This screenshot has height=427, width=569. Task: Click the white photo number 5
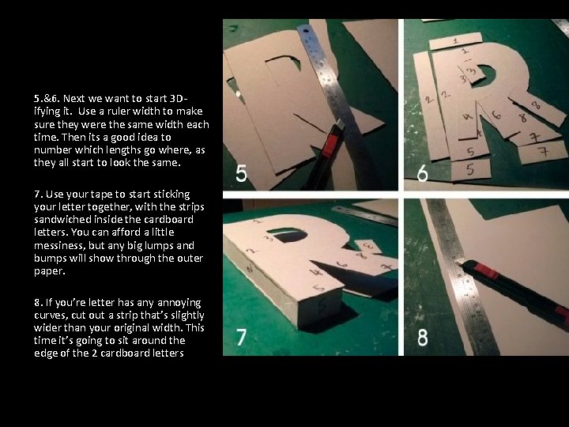tap(240, 172)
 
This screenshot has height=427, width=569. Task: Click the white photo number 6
tap(423, 172)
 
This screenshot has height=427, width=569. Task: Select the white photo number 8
tap(423, 338)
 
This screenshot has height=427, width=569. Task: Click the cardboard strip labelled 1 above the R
tap(456, 39)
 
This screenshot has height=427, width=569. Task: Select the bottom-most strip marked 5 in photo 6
tap(470, 168)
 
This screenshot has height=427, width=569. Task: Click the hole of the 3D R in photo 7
tap(288, 236)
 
